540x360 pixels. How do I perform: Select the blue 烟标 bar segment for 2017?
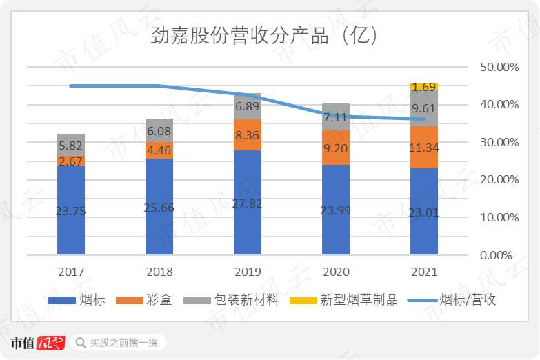tap(71, 210)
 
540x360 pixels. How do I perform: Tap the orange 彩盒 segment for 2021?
tap(424, 147)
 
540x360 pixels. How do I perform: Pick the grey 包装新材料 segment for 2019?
tap(248, 106)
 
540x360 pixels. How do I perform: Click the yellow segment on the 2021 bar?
tap(424, 86)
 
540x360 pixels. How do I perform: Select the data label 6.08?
tap(159, 130)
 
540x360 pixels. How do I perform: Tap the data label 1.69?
tap(424, 87)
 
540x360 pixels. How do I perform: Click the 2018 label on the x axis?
tap(159, 272)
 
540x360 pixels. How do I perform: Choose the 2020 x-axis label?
tap(336, 272)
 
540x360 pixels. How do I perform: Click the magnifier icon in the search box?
tap(81, 342)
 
